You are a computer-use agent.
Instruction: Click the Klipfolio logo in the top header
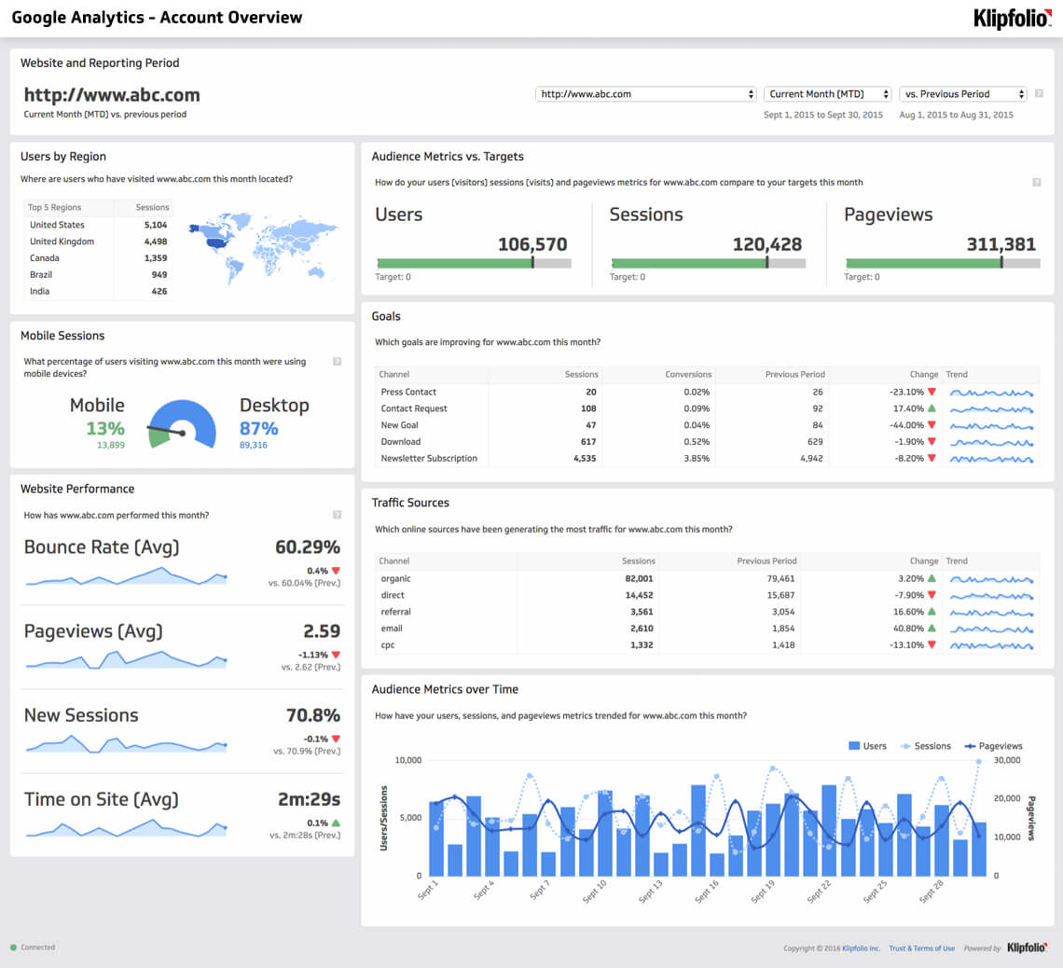click(x=1013, y=18)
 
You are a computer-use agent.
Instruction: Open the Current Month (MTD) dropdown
click(x=827, y=94)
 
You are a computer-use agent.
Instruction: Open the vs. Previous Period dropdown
click(x=962, y=94)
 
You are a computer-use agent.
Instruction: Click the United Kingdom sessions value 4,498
click(x=156, y=242)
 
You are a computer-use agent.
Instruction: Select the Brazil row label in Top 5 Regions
click(x=41, y=275)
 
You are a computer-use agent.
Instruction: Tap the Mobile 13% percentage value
click(x=105, y=428)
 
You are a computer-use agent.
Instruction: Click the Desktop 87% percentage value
click(x=258, y=428)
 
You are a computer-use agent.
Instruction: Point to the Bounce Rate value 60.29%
click(x=307, y=547)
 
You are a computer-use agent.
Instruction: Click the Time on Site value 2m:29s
click(x=309, y=799)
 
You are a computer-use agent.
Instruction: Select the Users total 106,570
click(x=531, y=244)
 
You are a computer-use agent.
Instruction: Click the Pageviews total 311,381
click(x=1001, y=244)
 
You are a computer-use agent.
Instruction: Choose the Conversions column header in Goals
click(x=688, y=375)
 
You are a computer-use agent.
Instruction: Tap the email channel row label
click(x=392, y=629)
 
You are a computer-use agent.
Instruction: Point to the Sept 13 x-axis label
click(x=652, y=892)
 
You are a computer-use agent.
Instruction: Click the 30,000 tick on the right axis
click(x=1009, y=760)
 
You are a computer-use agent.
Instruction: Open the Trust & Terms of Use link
click(x=921, y=948)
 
